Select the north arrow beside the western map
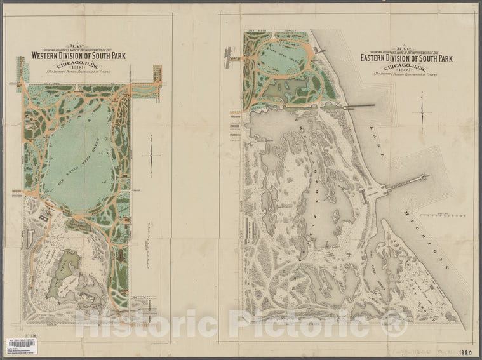151,152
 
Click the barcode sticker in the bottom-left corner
20,343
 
